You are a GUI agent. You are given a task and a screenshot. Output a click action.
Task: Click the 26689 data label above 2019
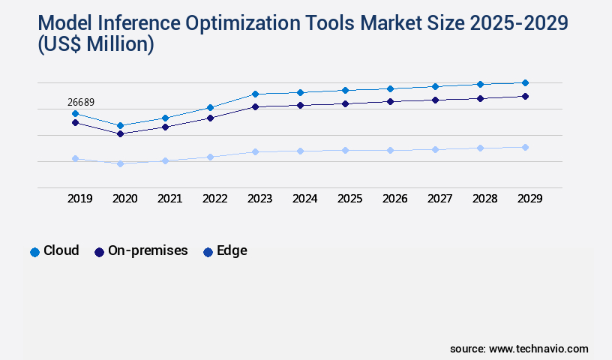80,103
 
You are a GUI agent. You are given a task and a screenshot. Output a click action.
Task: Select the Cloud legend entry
54,251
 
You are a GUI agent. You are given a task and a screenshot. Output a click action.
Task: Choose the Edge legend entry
225,251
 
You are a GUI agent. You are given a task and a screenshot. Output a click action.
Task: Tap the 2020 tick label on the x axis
124,199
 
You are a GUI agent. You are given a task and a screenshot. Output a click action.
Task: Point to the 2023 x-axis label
259,199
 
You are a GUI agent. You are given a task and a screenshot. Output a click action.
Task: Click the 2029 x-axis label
529,199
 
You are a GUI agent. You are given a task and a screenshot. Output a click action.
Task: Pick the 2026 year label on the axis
394,199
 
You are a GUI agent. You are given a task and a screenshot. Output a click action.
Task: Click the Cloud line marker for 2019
75,113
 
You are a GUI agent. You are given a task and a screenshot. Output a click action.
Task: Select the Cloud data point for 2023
255,94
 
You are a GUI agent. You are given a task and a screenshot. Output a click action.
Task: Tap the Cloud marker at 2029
525,82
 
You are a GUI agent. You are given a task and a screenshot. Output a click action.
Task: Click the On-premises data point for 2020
120,133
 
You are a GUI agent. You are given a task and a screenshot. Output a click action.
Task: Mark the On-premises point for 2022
210,118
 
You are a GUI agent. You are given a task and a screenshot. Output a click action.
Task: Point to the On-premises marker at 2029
525,96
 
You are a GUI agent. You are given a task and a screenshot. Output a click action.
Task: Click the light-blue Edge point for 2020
120,163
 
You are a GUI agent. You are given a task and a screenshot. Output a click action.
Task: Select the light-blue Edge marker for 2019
75,158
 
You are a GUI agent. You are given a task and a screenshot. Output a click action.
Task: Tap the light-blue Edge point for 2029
525,147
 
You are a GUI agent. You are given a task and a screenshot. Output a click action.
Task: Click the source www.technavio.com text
519,349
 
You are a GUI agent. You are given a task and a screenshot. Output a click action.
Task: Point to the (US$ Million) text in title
95,45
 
